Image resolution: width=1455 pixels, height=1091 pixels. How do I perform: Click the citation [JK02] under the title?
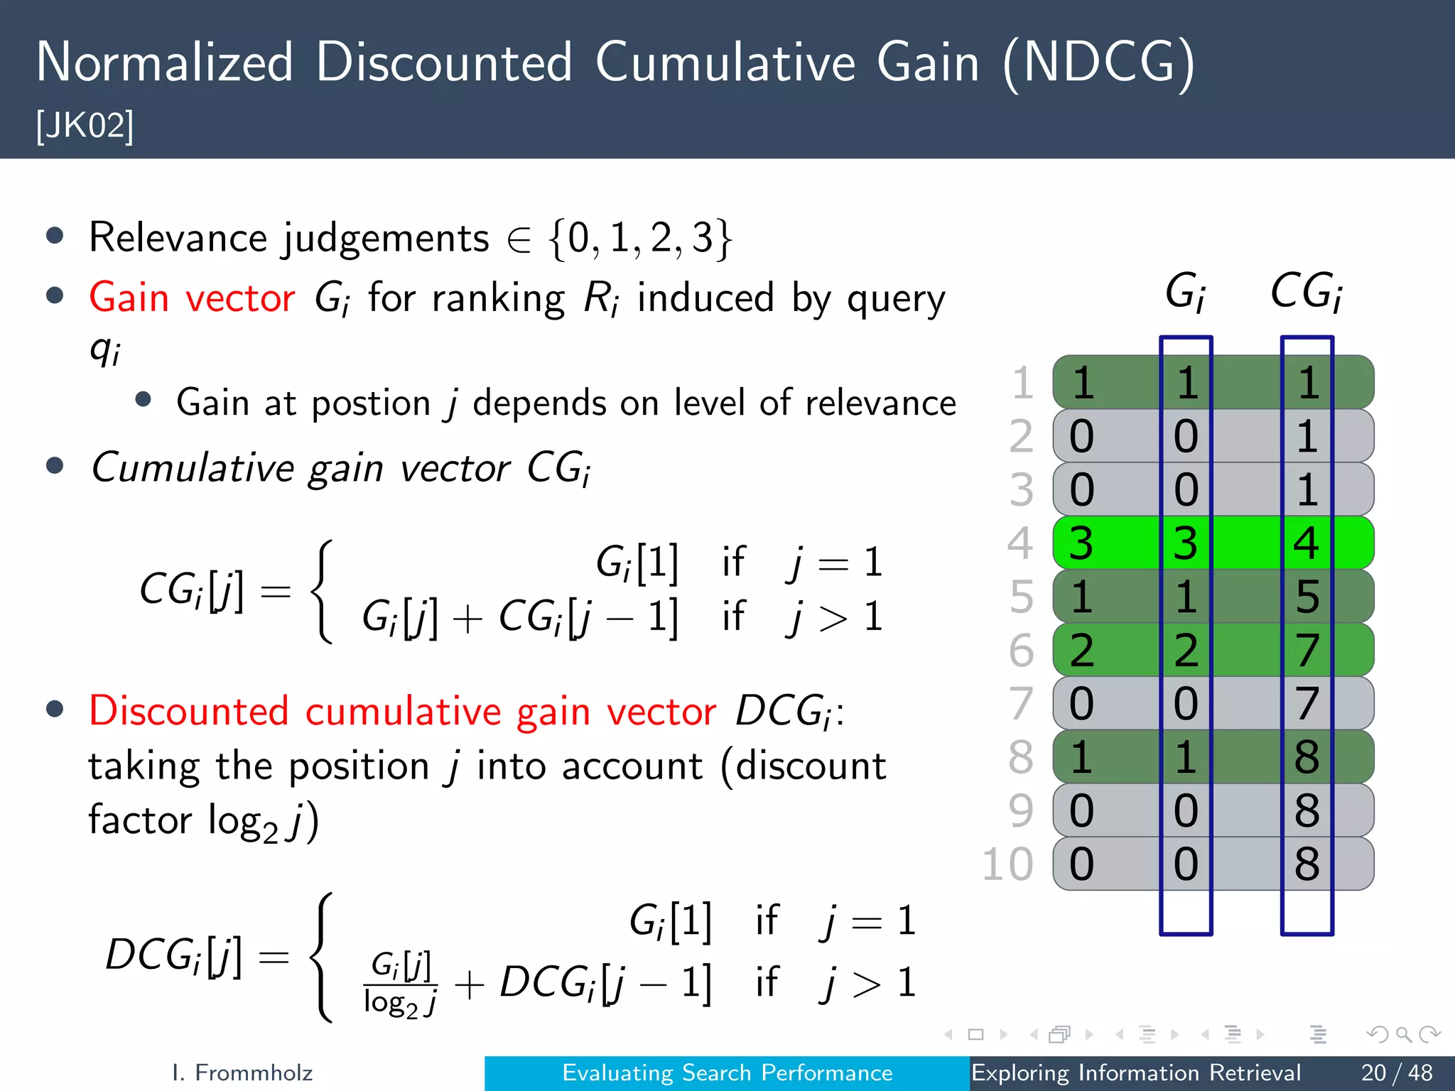(x=85, y=126)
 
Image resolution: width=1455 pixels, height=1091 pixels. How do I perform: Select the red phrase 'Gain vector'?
(x=192, y=297)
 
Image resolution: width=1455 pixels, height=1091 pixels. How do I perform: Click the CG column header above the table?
(x=1306, y=292)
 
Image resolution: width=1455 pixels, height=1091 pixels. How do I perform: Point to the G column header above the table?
(x=1185, y=292)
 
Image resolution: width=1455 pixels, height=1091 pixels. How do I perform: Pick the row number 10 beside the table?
(x=1007, y=864)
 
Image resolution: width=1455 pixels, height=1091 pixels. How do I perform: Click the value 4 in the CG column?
(x=1307, y=543)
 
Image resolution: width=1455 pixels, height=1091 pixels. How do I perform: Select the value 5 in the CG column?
(x=1307, y=597)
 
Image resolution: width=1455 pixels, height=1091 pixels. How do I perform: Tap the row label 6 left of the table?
(x=1021, y=650)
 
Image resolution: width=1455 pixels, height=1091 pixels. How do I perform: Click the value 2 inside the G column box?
(x=1186, y=650)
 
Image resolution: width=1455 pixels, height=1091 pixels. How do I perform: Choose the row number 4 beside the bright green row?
(x=1019, y=543)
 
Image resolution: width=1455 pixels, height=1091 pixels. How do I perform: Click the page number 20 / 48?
(x=1396, y=1073)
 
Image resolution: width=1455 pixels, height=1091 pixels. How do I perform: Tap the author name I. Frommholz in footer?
(x=242, y=1073)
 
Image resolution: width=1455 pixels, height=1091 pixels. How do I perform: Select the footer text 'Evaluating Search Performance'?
(x=727, y=1073)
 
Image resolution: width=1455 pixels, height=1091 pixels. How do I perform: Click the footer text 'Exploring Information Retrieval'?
(x=1135, y=1073)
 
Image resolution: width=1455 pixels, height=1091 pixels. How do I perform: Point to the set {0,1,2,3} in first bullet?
(x=639, y=239)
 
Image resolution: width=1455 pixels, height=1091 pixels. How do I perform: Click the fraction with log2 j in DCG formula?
(x=400, y=984)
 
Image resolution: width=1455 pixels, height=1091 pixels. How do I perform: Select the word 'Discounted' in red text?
(x=189, y=711)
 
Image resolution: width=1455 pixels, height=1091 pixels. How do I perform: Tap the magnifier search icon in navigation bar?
(x=1403, y=1034)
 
